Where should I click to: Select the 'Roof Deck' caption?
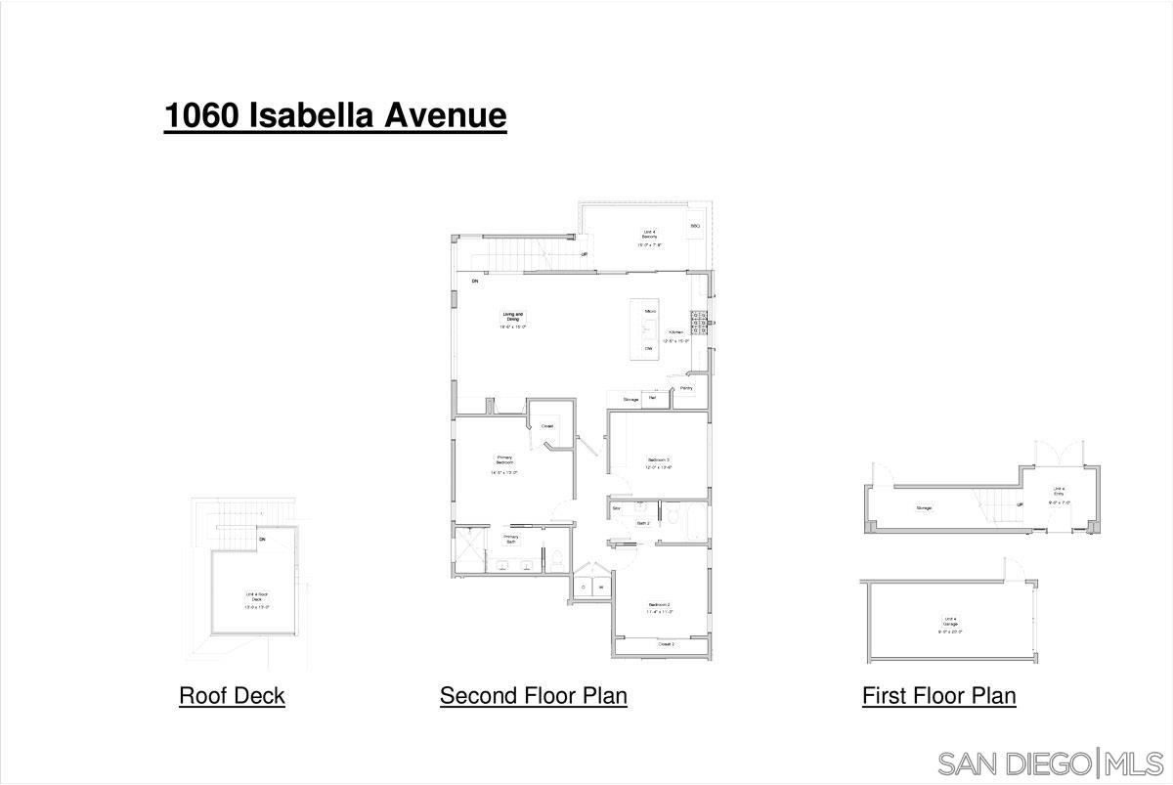[232, 696]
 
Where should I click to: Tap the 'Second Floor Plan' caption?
[533, 696]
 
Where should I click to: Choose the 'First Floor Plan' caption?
[938, 696]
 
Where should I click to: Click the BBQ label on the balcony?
[695, 226]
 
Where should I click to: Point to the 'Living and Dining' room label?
[513, 317]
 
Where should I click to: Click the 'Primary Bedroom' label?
[504, 459]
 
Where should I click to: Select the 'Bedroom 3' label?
[658, 459]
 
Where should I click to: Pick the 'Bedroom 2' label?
[659, 606]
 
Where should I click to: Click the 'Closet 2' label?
[666, 644]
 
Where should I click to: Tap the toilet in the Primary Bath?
[555, 561]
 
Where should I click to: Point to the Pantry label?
[686, 389]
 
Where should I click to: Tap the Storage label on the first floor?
[924, 508]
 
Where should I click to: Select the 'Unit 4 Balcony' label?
[648, 235]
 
